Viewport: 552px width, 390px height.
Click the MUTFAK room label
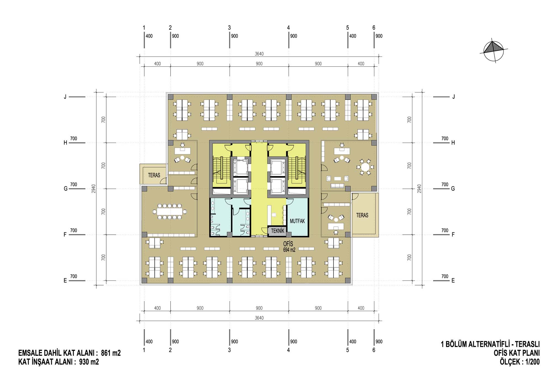click(297, 221)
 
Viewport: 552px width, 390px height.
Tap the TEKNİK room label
click(278, 231)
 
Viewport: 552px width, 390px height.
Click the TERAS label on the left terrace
click(154, 175)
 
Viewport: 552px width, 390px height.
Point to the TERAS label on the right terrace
click(362, 215)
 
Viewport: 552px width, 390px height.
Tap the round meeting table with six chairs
click(365, 167)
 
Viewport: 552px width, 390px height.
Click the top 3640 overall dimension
click(259, 54)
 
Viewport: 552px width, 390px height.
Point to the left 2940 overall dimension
click(94, 189)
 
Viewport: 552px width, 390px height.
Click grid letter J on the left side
click(65, 97)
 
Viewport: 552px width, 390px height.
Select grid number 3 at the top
click(229, 28)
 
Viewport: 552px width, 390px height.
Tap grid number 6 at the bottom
click(374, 350)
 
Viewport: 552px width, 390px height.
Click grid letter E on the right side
click(453, 281)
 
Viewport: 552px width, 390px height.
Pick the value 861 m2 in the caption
click(111, 353)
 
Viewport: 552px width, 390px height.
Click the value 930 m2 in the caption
click(89, 362)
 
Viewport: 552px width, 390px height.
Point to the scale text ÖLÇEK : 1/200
click(520, 362)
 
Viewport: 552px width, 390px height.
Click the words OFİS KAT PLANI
click(517, 353)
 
